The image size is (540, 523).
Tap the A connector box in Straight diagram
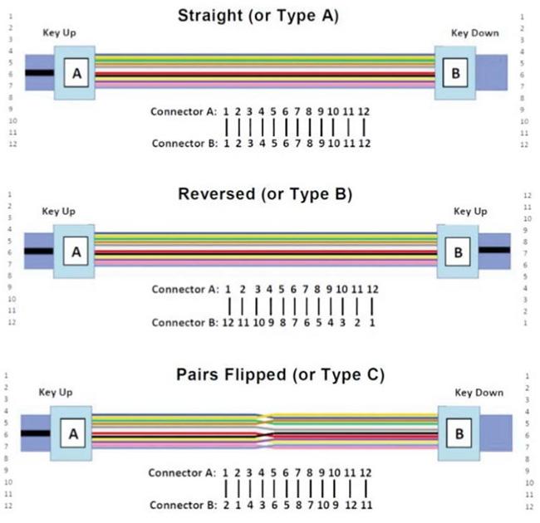(x=76, y=73)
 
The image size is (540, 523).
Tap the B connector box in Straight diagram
(x=454, y=73)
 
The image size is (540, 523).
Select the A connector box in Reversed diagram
(x=76, y=249)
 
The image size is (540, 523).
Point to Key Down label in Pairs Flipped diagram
(x=477, y=392)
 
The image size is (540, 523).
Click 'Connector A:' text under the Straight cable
(x=184, y=111)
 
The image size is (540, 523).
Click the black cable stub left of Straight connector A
(x=38, y=73)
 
